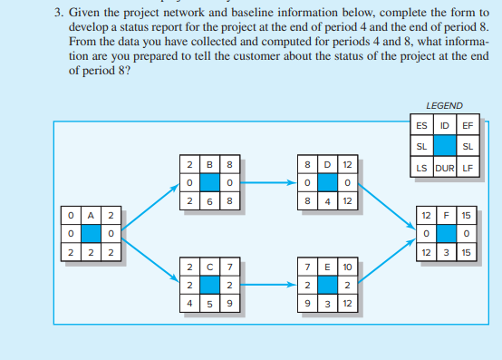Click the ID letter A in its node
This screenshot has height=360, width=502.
[91, 215]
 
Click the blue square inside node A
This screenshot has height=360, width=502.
[91, 233]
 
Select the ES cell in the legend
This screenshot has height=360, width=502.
[422, 126]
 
